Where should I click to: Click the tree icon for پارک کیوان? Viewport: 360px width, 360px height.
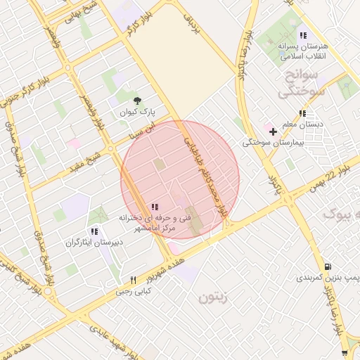tap(137, 101)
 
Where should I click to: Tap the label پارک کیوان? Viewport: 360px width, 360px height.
tap(138, 112)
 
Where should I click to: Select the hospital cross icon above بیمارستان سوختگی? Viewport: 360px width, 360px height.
tap(273, 131)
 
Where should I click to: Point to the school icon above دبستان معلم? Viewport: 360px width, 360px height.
tap(302, 113)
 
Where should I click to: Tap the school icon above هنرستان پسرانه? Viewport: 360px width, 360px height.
tap(303, 35)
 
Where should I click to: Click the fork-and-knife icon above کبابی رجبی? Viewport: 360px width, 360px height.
tap(133, 280)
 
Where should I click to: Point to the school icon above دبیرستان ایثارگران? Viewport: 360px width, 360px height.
tap(94, 231)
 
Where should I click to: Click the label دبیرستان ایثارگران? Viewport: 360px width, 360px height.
tap(94, 243)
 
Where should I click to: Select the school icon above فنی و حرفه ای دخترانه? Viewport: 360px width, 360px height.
tap(155, 207)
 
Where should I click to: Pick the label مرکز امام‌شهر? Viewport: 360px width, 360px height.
tap(151, 229)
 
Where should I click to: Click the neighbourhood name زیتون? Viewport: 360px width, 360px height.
tap(214, 297)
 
